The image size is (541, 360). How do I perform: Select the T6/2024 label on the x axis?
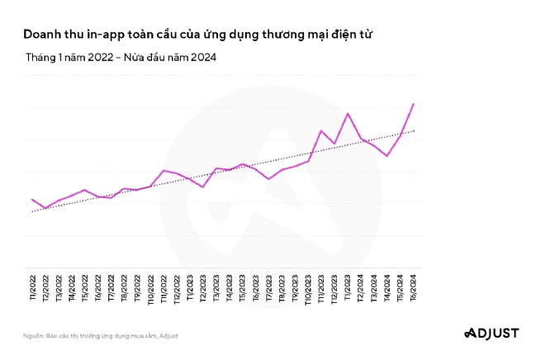[413, 290]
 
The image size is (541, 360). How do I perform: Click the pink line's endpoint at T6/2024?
[413, 104]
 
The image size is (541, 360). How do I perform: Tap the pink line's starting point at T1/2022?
[32, 199]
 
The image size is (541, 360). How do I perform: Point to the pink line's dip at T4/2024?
[387, 155]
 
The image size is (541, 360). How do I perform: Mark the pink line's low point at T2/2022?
[45, 208]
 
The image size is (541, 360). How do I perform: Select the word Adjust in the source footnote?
[168, 336]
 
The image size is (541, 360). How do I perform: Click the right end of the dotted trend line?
[414, 130]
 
